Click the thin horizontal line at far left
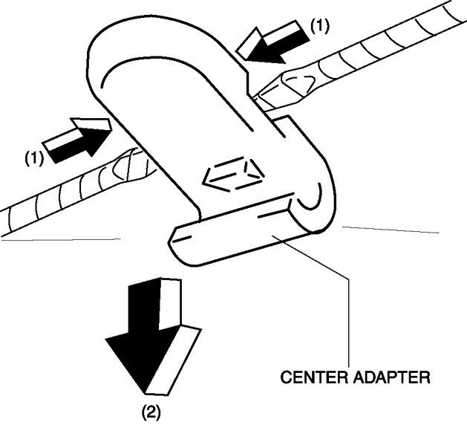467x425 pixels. coord(59,239)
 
